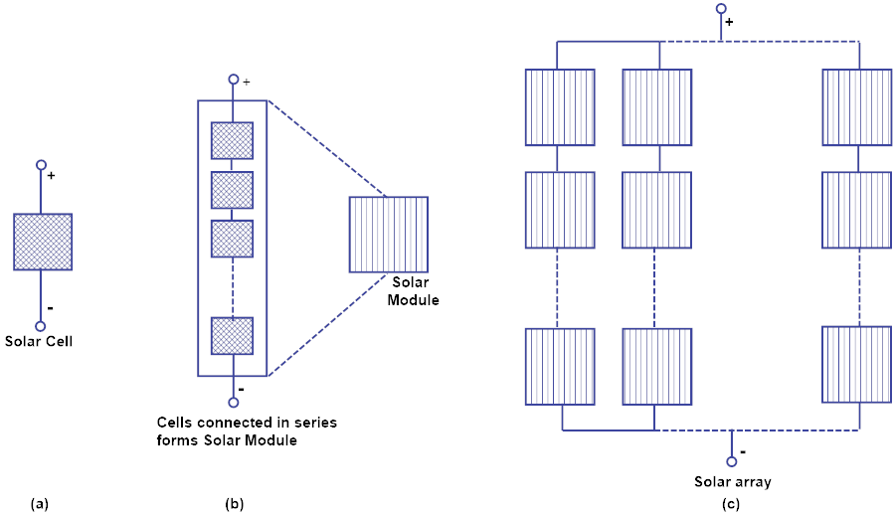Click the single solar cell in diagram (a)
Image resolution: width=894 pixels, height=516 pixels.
42,242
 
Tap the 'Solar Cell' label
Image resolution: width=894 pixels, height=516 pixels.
41,341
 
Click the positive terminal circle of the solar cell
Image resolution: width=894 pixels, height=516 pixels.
41,165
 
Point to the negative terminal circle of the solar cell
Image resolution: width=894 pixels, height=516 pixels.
41,325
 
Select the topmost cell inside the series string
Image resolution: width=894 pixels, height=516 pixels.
232,140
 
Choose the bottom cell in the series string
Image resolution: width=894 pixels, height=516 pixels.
232,335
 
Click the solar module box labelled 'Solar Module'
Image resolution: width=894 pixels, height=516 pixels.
388,235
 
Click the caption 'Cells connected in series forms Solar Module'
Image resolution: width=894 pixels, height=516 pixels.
248,431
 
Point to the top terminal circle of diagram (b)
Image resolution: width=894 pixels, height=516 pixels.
233,80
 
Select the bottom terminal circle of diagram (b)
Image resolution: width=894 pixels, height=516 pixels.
233,402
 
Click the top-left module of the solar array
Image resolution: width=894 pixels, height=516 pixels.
559,106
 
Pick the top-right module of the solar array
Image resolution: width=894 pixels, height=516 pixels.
857,106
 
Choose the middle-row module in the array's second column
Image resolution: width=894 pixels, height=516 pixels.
656,210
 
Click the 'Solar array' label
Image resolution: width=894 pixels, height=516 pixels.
733,481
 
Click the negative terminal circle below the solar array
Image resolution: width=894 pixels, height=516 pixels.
732,460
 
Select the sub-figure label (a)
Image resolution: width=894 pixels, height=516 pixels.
40,504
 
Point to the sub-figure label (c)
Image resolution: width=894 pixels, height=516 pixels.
731,504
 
